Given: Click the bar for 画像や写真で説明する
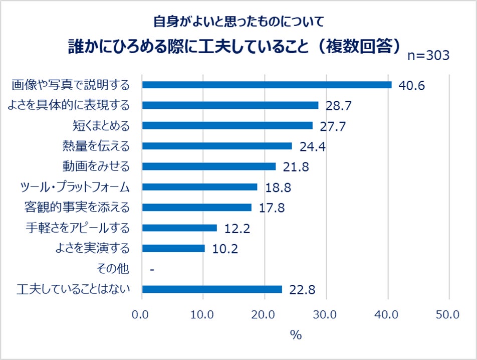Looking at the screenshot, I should (x=267, y=85).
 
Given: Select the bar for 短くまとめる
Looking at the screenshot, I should (x=227, y=125).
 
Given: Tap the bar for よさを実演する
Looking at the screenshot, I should (x=173, y=248).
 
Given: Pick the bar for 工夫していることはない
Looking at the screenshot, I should (x=212, y=289).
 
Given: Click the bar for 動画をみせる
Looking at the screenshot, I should (x=209, y=166).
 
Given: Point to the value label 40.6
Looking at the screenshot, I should (x=411, y=85).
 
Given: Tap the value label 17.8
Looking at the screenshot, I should (x=272, y=208).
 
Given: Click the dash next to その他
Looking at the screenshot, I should (x=151, y=270).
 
